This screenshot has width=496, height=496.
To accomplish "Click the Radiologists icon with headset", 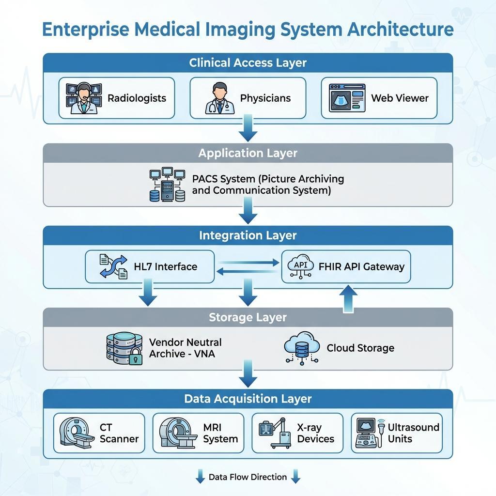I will point(84,98).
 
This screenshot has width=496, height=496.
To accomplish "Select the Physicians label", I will point(265,98).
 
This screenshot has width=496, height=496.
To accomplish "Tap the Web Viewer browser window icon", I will point(347,98).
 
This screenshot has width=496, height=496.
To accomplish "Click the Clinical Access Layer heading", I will point(248,62).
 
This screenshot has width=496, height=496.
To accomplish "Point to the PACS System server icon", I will point(167,185).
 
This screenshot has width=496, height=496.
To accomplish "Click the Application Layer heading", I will point(248,153).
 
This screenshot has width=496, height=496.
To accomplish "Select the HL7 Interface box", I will point(150,266).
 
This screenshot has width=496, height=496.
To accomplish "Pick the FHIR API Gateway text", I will point(361,266).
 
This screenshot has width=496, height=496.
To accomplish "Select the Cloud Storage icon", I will point(301,348).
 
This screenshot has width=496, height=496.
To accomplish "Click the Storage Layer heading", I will point(248,317).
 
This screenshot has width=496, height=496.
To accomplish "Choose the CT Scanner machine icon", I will point(77,433).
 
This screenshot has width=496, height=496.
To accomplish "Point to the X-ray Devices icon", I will point(273,433).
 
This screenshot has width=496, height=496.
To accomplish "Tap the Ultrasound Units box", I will point(397,433).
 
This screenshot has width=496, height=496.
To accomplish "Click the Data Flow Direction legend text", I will point(248,477).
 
